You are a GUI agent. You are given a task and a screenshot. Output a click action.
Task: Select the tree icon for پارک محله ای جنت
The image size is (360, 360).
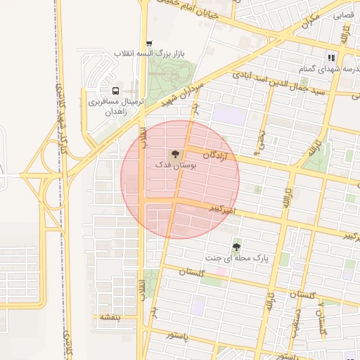pos(236,247)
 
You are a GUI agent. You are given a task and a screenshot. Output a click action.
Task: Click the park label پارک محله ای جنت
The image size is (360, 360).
pos(237,258)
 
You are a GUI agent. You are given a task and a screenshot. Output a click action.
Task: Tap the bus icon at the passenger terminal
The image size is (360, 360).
pos(115,91)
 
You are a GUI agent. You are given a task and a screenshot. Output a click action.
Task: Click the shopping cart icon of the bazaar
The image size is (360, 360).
pos(149,44)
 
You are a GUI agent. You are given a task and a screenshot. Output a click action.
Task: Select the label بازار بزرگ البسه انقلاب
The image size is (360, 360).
pos(149,54)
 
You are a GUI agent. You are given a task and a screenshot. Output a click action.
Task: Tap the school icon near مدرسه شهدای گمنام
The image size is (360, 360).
pos(330,58)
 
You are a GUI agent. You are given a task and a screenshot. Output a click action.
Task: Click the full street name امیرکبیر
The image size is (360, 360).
pos(225,210)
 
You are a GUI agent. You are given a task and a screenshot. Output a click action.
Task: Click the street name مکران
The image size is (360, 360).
pos(307,22)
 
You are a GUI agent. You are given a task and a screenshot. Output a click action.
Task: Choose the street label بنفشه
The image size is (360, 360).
pos(109,317)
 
